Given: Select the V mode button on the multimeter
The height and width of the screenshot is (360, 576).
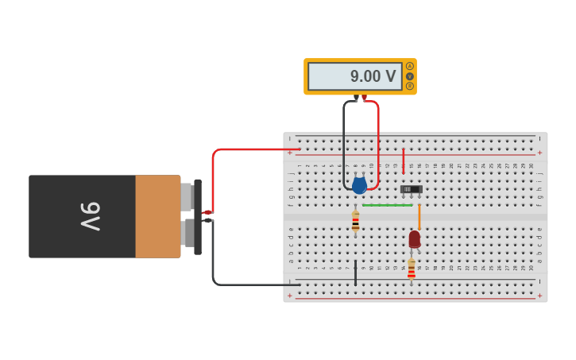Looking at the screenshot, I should point(410,76).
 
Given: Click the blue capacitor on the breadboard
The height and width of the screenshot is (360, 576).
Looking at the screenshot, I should point(359,186).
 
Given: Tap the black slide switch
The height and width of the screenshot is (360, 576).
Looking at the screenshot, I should point(411,189).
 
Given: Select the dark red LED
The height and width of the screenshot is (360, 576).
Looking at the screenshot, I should point(414,238).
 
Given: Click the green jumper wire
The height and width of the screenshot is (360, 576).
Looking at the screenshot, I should point(387,205).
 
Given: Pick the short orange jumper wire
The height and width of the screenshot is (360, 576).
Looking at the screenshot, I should point(419,216).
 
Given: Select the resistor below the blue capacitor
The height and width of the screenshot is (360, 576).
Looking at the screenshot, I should point(355,221).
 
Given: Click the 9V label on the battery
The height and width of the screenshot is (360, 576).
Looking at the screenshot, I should point(90,216).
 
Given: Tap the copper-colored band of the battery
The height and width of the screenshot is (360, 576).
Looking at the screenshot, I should point(157,216).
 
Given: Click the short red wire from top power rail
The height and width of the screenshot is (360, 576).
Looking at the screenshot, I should point(403,161).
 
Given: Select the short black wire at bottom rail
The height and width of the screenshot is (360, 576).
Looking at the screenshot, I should point(355,272).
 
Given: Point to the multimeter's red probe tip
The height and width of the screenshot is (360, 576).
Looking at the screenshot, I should point(365,98).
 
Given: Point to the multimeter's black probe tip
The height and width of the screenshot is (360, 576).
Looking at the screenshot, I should point(356,98).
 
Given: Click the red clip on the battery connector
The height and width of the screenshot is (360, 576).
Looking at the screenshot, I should point(207,212).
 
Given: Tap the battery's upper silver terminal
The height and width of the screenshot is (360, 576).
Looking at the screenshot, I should point(187,196).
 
